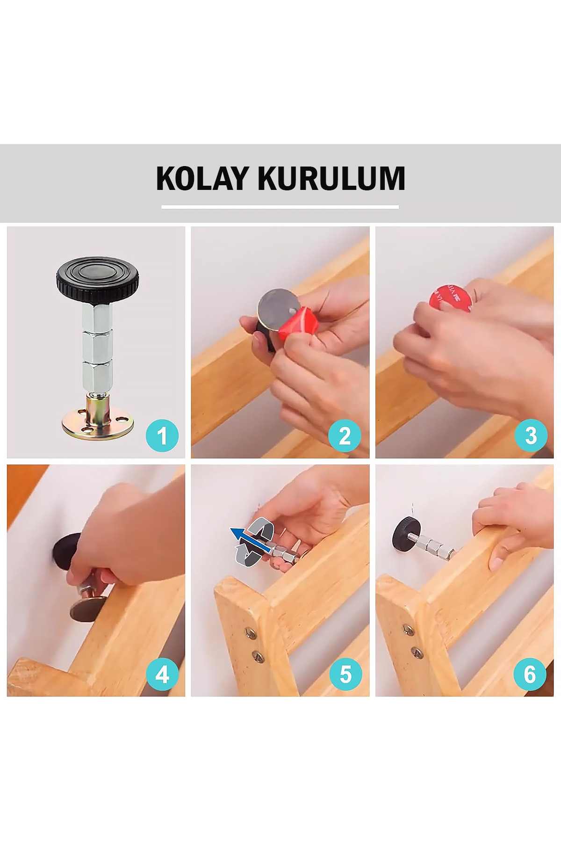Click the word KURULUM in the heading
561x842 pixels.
click(331, 178)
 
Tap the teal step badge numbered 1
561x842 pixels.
click(162, 436)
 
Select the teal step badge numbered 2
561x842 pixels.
click(345, 436)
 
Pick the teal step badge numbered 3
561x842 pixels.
click(531, 436)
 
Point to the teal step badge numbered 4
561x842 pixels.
click(162, 674)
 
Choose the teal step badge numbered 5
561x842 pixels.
click(345, 674)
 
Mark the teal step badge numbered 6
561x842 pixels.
click(530, 674)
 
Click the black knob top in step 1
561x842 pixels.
click(99, 279)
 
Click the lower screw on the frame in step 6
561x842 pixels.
click(414, 650)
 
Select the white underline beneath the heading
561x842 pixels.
click(280, 206)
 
